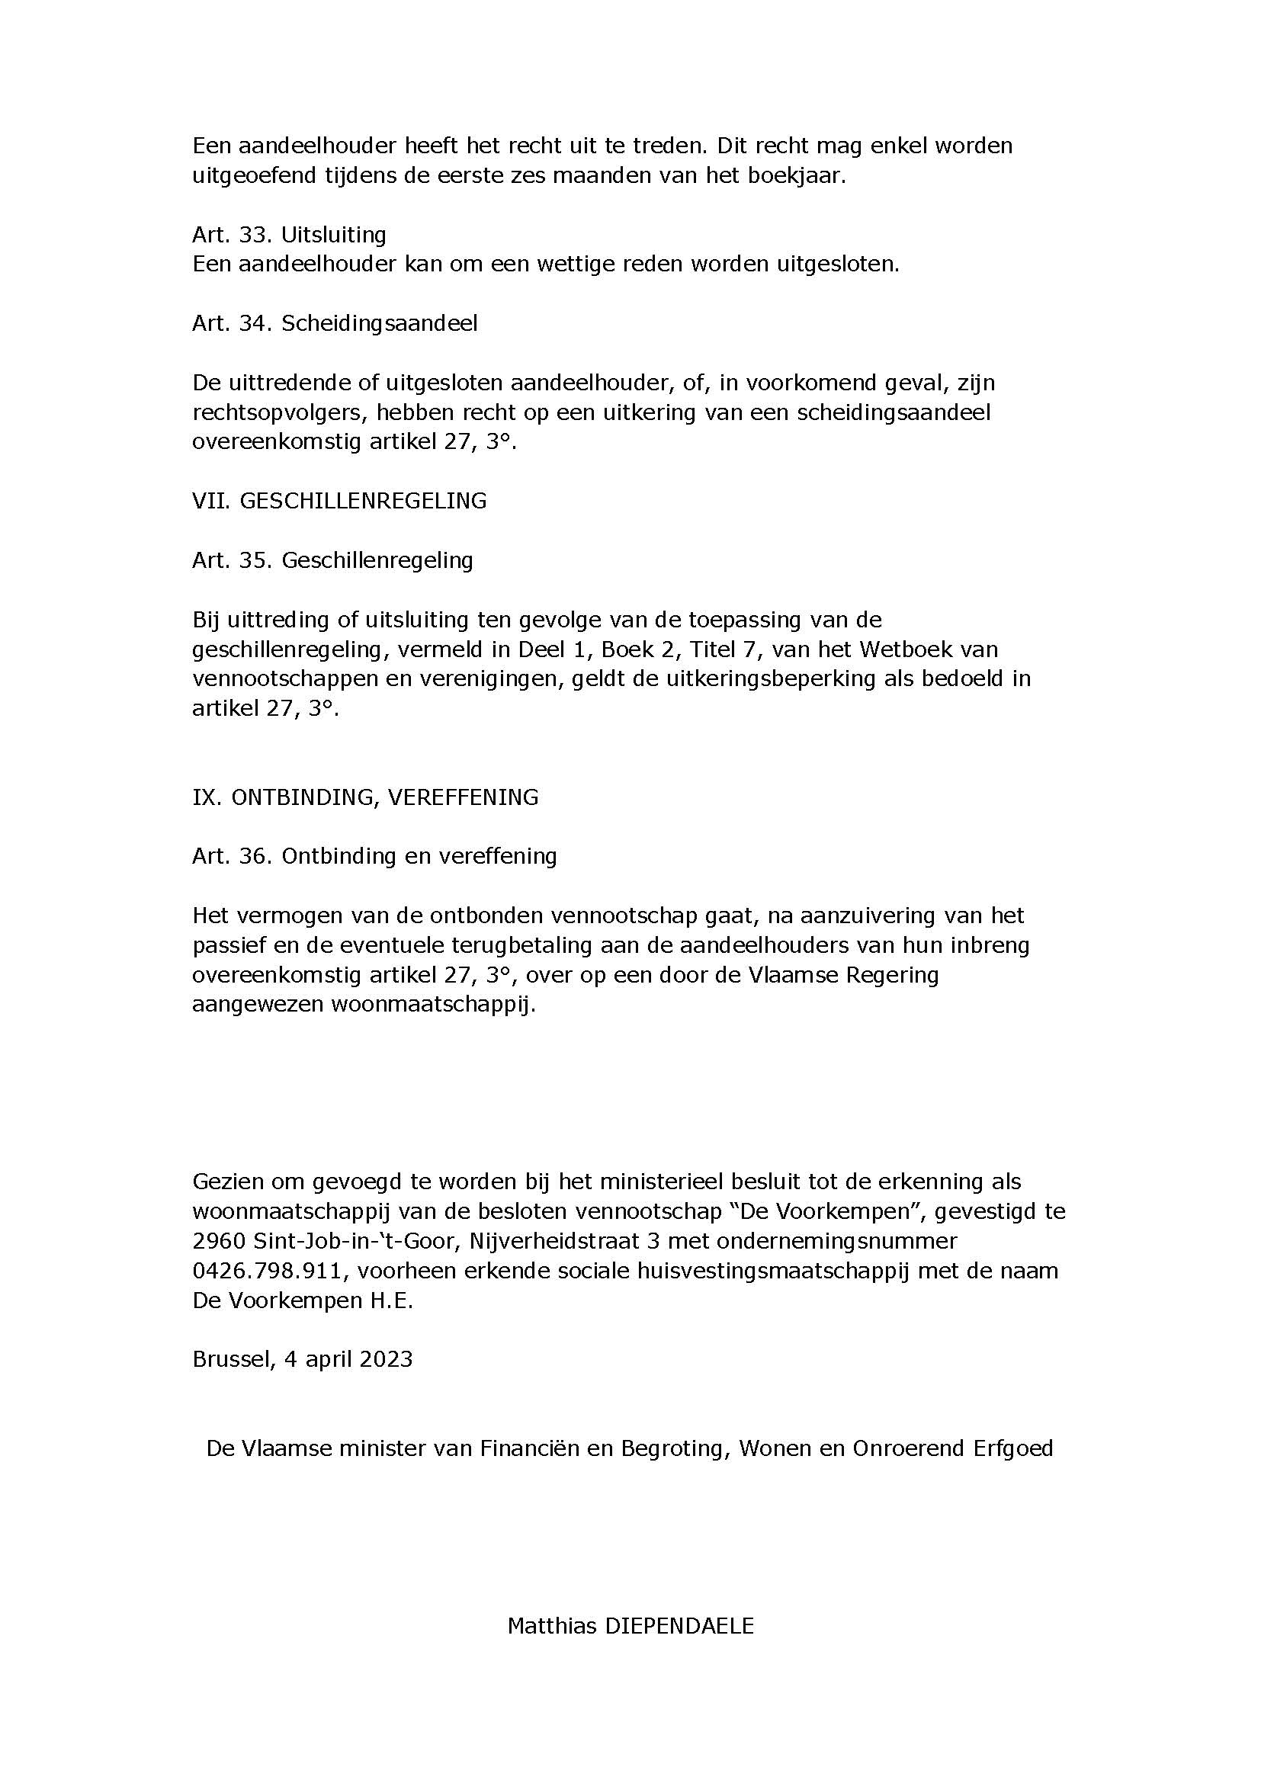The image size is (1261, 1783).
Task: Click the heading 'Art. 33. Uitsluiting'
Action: [x=289, y=235]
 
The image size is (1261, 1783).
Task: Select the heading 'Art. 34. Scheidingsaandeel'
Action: [x=335, y=323]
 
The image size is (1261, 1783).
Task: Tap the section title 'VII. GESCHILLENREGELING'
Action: [x=339, y=501]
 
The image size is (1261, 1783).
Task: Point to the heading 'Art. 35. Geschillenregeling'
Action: [x=332, y=560]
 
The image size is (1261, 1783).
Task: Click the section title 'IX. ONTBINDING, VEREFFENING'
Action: [x=365, y=797]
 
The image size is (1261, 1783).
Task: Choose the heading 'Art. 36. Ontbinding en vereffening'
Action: [x=374, y=857]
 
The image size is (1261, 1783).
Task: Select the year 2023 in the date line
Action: [x=385, y=1359]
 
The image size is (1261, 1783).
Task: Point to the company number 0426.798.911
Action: [x=265, y=1272]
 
